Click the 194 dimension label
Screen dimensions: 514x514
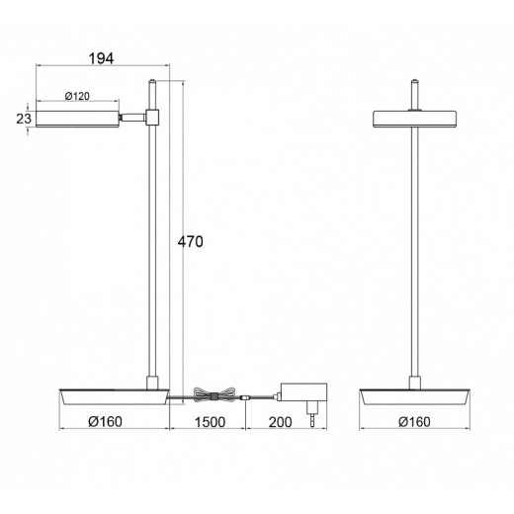(101, 58)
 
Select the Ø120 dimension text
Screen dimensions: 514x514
(77, 96)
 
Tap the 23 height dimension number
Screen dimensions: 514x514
(24, 119)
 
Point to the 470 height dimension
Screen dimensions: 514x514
(191, 242)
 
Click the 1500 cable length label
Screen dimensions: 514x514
(211, 422)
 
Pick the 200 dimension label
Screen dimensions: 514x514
(281, 422)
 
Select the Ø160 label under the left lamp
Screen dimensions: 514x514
(106, 421)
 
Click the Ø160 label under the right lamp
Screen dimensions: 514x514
(414, 422)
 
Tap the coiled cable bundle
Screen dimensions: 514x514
(214, 395)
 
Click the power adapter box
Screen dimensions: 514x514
(303, 392)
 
